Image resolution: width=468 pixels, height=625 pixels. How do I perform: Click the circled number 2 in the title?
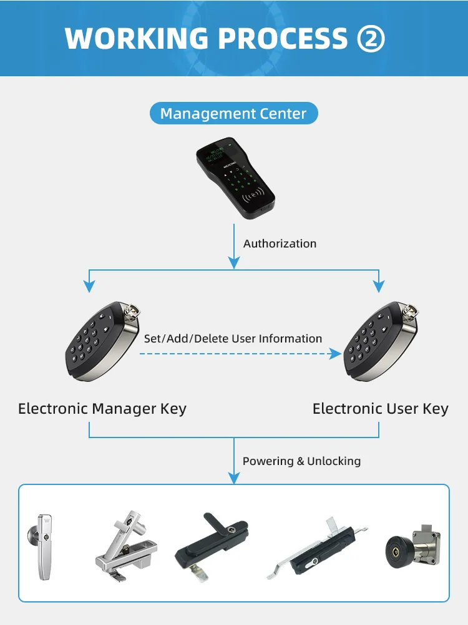click(x=371, y=39)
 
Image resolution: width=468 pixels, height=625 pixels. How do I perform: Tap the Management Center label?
click(x=233, y=114)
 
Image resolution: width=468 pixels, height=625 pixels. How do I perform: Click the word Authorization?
click(x=280, y=244)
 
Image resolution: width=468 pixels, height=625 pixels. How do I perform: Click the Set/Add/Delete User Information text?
click(x=233, y=339)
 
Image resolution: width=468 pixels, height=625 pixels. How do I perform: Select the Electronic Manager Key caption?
click(x=102, y=409)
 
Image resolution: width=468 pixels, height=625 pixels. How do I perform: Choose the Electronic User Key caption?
click(x=380, y=409)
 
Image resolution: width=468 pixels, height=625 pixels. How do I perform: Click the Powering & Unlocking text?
click(x=301, y=461)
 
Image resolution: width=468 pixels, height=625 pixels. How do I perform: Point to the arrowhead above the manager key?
click(x=89, y=286)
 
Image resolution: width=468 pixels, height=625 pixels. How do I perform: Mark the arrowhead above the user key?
click(x=379, y=286)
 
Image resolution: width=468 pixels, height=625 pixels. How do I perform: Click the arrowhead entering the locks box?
click(x=234, y=478)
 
